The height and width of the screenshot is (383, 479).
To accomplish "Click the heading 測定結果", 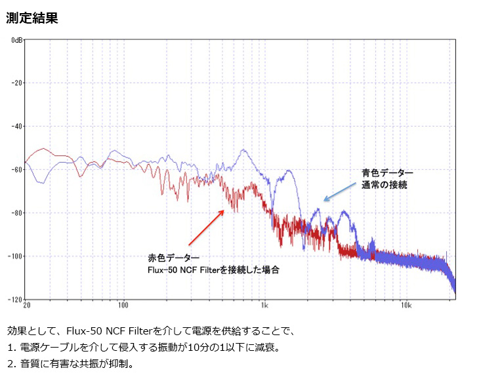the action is [32, 18].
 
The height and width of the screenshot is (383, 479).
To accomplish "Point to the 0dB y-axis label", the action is [17, 40].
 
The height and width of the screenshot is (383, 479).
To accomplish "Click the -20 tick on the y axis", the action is [17, 83].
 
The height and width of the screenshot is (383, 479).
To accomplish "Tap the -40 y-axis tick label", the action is [17, 127].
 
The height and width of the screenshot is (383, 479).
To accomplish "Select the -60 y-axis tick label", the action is [17, 170].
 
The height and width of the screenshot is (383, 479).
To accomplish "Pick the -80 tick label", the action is [17, 213].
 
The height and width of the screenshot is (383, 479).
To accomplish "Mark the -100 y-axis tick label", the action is [15, 256].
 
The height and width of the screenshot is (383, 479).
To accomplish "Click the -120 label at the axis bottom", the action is [15, 300].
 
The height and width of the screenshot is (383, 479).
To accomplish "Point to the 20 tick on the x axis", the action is [27, 305].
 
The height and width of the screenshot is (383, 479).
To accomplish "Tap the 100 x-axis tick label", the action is [123, 305].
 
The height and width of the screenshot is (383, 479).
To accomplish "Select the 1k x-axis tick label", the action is [264, 305].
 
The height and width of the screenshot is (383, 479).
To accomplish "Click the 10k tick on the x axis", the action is [406, 305].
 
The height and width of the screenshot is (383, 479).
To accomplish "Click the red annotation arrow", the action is [207, 228].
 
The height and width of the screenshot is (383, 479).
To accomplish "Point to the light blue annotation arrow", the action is [340, 191].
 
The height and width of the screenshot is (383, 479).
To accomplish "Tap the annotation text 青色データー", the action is [387, 173].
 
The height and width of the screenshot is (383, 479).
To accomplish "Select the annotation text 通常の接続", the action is [385, 185].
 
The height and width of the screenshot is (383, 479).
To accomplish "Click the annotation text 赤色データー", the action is [173, 258].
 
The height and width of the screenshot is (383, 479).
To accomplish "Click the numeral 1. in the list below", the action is [12, 348].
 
